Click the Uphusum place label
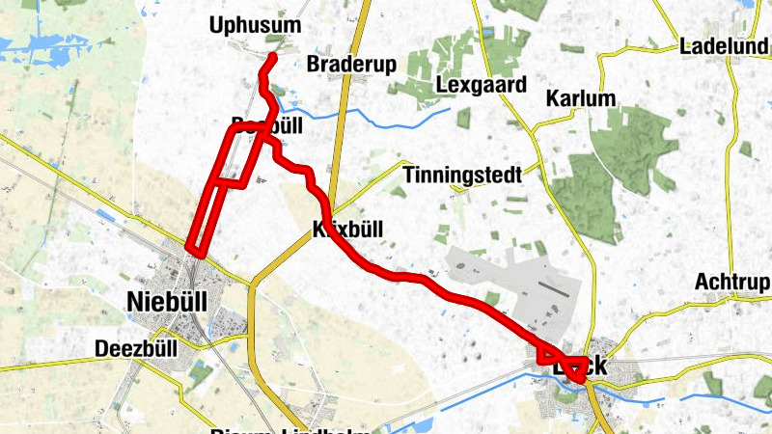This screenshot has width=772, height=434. (x=256, y=25)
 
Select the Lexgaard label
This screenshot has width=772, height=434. (x=482, y=85)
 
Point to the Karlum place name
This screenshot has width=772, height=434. (x=580, y=98)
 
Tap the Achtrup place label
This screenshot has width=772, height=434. (x=732, y=282)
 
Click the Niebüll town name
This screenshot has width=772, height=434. (x=167, y=301)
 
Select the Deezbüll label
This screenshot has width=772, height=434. (x=137, y=348)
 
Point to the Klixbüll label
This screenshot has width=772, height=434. (x=348, y=230)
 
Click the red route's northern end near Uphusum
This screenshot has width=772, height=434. (x=273, y=57)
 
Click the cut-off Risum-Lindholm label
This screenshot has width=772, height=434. (x=289, y=427)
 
